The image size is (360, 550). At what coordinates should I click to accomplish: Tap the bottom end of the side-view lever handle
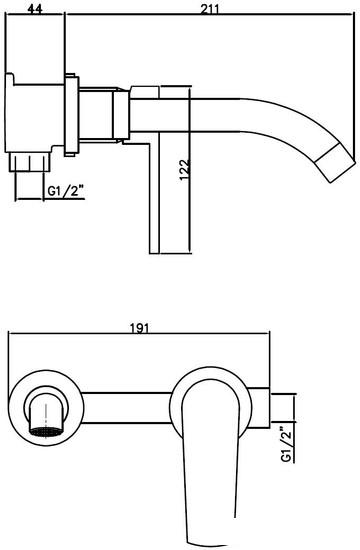click(153, 251)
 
